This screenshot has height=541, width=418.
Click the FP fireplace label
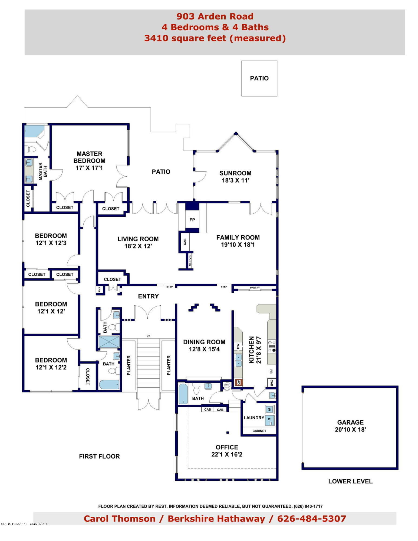[192, 220]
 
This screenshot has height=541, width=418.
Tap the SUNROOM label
[235, 173]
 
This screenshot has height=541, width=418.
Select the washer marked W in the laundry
[269, 409]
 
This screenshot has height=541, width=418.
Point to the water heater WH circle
[227, 385]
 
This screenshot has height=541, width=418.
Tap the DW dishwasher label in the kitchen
[238, 346]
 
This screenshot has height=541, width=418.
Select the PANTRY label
[255, 288]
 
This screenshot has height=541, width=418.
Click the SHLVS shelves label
[190, 260]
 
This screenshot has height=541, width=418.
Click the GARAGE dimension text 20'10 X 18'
[350, 429]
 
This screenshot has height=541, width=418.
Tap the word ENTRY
[148, 296]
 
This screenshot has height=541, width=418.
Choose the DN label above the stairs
[148, 336]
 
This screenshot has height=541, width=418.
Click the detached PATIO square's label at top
[259, 78]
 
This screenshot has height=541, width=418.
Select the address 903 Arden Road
[215, 17]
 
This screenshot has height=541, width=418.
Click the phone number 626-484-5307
[312, 519]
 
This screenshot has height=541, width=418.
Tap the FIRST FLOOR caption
[99, 456]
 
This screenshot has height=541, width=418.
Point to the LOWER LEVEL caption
[350, 481]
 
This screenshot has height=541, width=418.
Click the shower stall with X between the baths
[109, 342]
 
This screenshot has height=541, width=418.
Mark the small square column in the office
[228, 433]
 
